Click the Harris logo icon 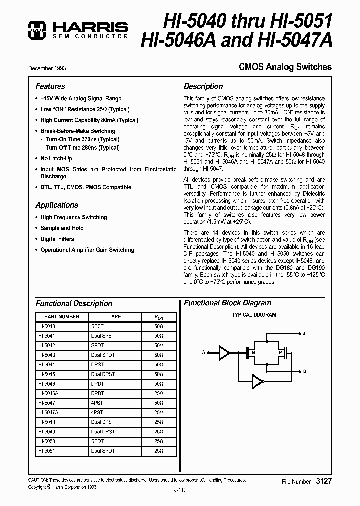[x=36, y=30]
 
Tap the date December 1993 [x=47, y=68]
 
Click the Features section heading [x=50, y=86]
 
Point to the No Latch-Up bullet [x=56, y=158]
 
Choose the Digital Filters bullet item [x=57, y=239]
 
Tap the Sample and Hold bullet [x=62, y=228]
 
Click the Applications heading [x=57, y=205]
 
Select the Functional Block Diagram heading [x=227, y=303]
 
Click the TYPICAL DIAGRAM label [x=254, y=315]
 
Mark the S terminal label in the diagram [x=303, y=333]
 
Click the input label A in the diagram [x=204, y=352]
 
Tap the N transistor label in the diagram [x=253, y=353]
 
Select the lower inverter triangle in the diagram [x=257, y=383]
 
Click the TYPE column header [x=114, y=317]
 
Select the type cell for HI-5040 [x=97, y=326]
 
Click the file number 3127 [x=323, y=481]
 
